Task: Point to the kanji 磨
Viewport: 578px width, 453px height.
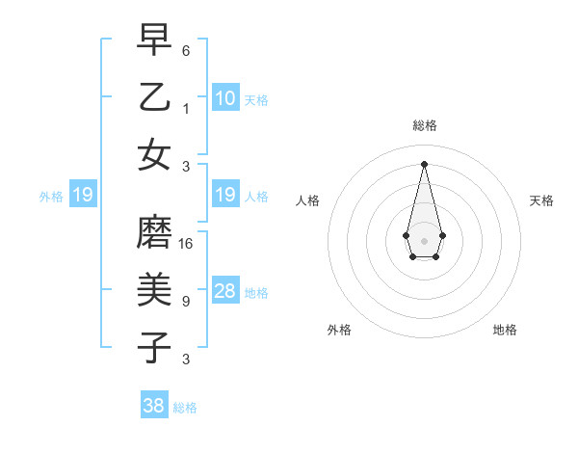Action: tap(154, 231)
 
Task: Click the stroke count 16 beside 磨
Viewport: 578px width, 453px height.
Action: tap(186, 243)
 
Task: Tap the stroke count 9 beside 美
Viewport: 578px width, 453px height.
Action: tap(186, 302)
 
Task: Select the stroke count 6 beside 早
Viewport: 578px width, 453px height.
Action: tap(186, 49)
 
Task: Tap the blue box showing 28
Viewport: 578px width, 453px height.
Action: tap(224, 291)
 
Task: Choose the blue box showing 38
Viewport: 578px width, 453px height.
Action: tap(154, 406)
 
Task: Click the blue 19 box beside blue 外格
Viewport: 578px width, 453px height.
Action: tap(82, 196)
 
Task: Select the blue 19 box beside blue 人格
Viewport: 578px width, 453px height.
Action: tap(224, 196)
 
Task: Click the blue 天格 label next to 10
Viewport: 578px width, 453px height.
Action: tap(256, 99)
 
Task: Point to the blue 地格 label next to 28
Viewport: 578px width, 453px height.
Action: tap(256, 293)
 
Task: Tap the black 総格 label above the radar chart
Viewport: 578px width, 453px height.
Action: tap(425, 125)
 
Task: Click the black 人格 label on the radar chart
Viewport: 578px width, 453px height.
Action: tap(308, 200)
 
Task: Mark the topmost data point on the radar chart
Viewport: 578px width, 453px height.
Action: tap(425, 162)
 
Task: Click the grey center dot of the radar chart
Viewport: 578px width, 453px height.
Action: tap(425, 239)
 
